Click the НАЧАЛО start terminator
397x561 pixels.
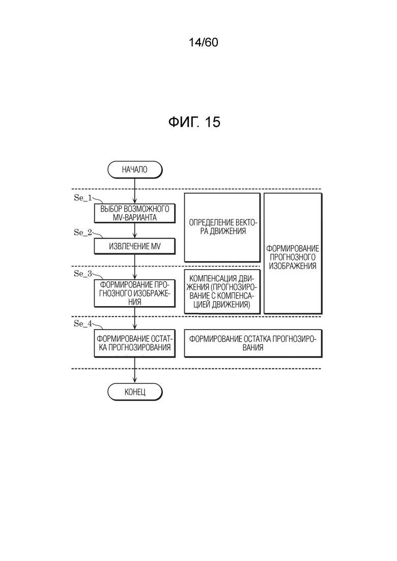click(135, 169)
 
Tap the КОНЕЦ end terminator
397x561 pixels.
click(135, 392)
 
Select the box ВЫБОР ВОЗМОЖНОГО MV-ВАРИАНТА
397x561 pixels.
click(134, 213)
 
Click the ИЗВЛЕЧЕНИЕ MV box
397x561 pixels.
click(134, 246)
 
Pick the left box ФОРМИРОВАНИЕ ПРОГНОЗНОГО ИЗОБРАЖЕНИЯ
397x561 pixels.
click(134, 293)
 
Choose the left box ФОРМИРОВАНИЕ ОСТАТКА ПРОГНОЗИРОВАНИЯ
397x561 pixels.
click(134, 343)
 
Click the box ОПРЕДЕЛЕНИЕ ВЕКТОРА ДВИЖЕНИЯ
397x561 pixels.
click(222, 227)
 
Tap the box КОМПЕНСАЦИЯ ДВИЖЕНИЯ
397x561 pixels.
click(222, 291)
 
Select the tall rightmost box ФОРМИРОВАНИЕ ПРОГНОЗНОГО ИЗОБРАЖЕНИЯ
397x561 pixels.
click(293, 254)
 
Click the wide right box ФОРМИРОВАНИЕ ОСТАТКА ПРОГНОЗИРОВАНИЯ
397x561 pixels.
click(253, 343)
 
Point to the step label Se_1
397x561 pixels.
click(82, 197)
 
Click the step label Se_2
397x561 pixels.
click(82, 232)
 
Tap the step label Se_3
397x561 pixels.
click(82, 274)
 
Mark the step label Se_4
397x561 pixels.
click(82, 324)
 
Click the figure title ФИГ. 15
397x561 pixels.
click(194, 122)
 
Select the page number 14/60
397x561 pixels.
click(203, 43)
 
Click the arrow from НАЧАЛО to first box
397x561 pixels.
click(135, 191)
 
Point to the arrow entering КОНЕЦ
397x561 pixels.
click(135, 370)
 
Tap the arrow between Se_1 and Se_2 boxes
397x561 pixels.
click(135, 231)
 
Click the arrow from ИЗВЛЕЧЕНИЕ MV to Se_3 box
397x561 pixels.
click(135, 267)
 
